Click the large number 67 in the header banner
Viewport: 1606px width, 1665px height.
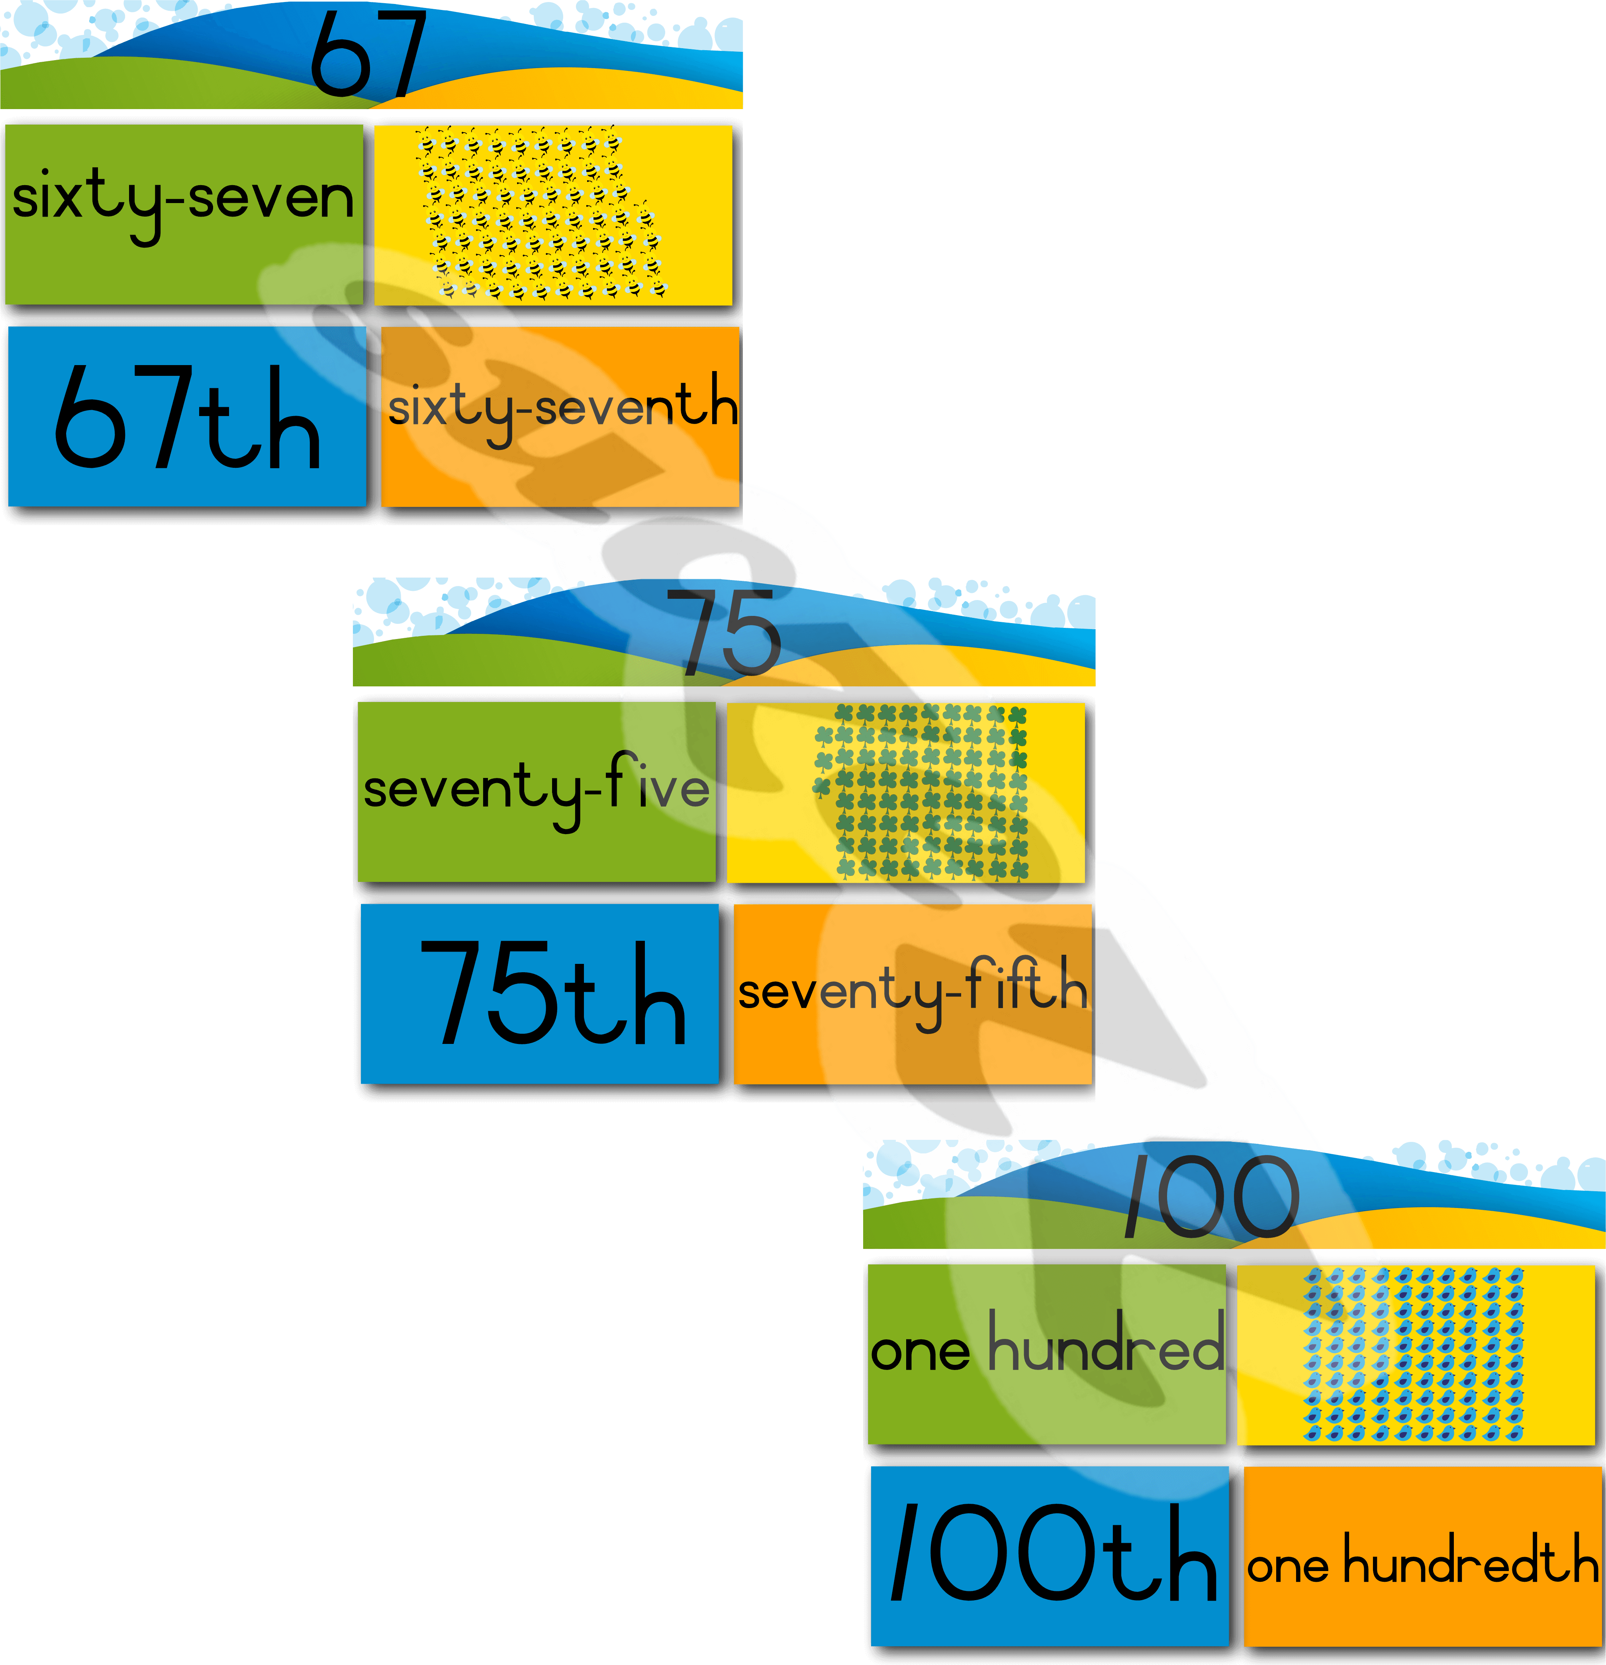tap(367, 53)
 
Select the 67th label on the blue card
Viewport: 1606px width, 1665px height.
tap(187, 418)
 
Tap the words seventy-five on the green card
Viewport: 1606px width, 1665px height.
tap(535, 788)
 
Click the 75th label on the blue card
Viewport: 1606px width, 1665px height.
tap(552, 994)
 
